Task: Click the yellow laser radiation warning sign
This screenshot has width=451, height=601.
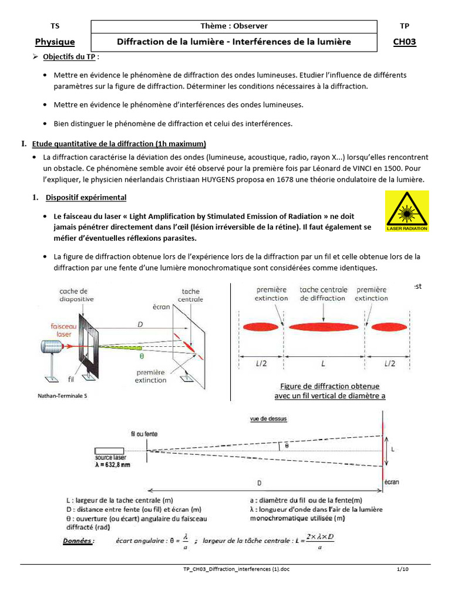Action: pos(407,210)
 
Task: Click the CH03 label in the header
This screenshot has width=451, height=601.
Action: pos(404,42)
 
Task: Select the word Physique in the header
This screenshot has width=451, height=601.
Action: pos(55,42)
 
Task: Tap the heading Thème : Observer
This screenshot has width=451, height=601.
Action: pos(234,26)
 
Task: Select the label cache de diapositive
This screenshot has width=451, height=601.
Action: pos(73,295)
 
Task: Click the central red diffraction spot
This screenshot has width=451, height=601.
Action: pos(323,326)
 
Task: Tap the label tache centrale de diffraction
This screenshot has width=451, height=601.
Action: pos(323,293)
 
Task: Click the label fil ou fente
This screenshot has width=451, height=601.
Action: pos(144,434)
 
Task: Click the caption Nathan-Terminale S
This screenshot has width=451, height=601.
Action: pos(62,397)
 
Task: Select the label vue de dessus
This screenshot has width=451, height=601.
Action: pos(264,419)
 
